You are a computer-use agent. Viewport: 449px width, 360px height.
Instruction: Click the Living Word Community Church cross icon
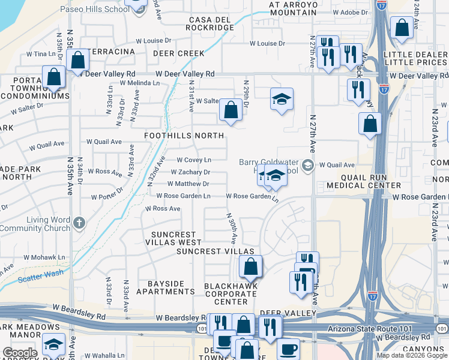click(78, 224)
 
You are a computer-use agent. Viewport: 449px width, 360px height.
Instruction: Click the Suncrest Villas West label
click(173, 238)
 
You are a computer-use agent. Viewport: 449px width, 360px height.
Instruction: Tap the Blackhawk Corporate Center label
click(231, 293)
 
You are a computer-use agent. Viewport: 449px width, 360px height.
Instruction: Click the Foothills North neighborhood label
click(184, 136)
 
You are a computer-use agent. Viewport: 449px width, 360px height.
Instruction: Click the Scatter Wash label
click(41, 277)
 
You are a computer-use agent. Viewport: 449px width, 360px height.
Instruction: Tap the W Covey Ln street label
click(193, 160)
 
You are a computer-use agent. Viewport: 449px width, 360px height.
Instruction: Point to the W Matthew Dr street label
click(188, 184)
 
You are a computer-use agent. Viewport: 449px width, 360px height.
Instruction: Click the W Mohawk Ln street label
click(44, 257)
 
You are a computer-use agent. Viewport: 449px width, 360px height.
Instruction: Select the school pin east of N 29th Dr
click(281, 99)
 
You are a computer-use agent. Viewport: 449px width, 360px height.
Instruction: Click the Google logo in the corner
click(20, 353)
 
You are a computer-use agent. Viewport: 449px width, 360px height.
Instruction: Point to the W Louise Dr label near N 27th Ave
click(267, 43)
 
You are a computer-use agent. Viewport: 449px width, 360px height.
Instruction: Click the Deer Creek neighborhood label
click(178, 53)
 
